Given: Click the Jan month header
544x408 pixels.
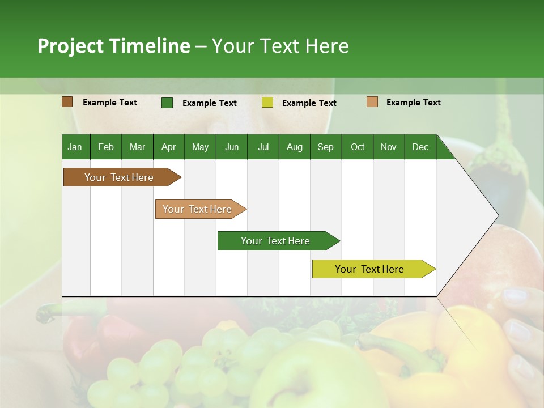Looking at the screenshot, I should pos(75,147).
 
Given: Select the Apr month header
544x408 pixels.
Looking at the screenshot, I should pos(168,147).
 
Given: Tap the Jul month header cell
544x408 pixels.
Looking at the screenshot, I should pos(263,147).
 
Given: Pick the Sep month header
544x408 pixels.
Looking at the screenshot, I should pos(325,147).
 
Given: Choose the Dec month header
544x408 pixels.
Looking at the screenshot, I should pos(420,147).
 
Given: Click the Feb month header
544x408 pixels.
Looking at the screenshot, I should pos(106,147).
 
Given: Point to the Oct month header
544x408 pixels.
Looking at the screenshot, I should pos(358,147).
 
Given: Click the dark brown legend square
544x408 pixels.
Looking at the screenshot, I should pos(67,102).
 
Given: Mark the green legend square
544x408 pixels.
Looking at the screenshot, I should pos(167,103).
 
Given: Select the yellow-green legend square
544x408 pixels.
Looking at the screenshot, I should pos(267,103).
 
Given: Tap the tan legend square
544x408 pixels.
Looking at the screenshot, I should pos(372,102).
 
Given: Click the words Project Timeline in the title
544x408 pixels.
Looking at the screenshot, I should pos(114,46).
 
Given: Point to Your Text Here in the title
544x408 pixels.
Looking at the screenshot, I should pos(280,46).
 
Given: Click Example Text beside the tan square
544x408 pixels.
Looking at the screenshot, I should pos(413,103).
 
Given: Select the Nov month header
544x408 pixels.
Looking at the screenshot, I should pos(389,147).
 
